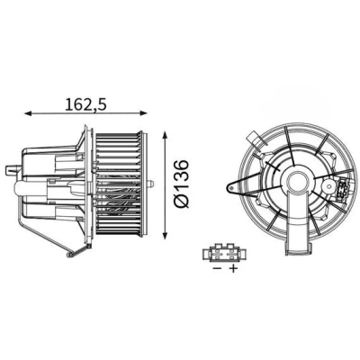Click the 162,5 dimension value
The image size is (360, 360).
86,104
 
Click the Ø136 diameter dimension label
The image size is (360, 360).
182,184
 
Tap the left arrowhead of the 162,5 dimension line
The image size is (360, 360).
28,113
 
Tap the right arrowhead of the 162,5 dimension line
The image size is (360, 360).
144,113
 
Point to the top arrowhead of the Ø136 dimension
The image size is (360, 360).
165,134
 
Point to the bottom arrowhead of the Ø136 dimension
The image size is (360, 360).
165,236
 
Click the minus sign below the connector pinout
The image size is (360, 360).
217,268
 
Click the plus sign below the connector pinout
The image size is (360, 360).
233,268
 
